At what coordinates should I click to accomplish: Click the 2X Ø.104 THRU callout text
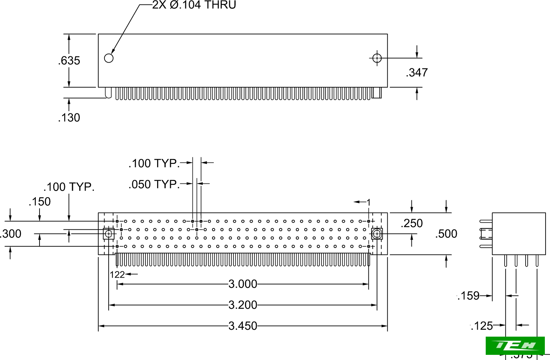(x=194, y=5)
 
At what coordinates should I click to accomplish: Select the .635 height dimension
(x=69, y=60)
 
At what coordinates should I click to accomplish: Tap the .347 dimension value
(x=417, y=72)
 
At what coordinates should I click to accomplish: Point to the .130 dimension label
(x=69, y=117)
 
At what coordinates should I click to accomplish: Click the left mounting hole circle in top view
(x=109, y=58)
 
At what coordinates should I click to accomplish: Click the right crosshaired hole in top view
(x=377, y=58)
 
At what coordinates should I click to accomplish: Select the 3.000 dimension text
(x=243, y=284)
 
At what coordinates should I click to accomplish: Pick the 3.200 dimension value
(x=243, y=305)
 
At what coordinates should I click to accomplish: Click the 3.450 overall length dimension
(x=243, y=326)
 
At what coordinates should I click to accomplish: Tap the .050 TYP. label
(x=154, y=184)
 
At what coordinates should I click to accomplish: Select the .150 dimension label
(x=40, y=202)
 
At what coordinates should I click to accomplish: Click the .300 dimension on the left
(x=11, y=234)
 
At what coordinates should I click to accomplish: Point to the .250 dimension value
(x=411, y=223)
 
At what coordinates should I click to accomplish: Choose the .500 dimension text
(x=446, y=234)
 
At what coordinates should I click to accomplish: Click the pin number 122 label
(x=117, y=274)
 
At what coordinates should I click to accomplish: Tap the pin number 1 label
(x=368, y=202)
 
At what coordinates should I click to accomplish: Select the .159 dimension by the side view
(x=469, y=295)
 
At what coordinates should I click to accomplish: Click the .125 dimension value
(x=482, y=326)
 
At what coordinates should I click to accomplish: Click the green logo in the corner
(x=515, y=345)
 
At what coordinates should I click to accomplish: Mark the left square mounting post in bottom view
(x=109, y=234)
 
